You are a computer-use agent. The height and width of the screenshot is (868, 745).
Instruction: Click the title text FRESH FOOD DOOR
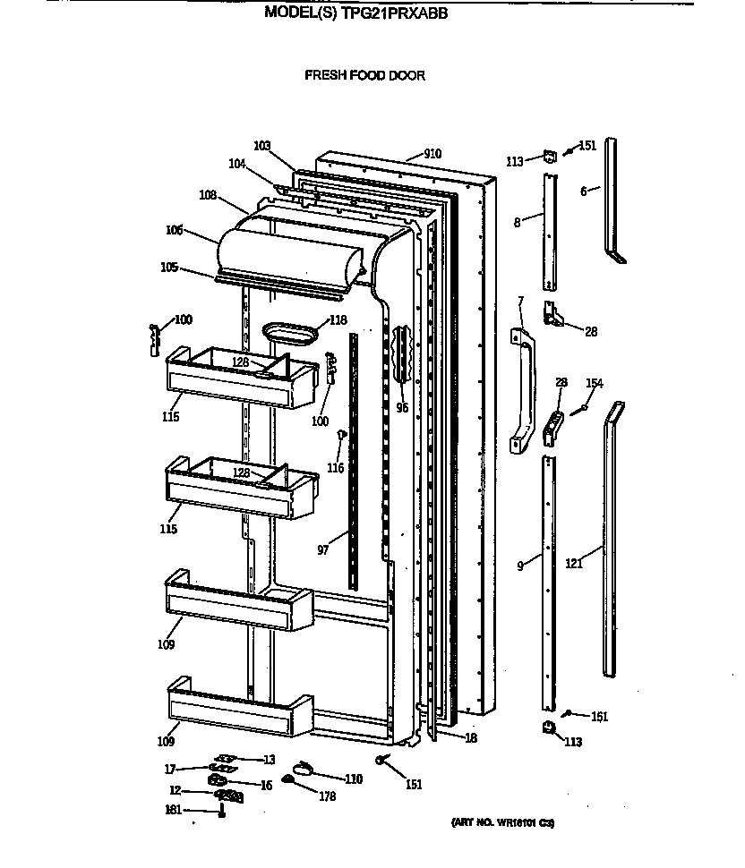click(x=364, y=75)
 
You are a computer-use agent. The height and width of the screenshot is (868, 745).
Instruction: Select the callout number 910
click(x=432, y=154)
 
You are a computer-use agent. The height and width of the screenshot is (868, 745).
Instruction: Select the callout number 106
click(x=174, y=230)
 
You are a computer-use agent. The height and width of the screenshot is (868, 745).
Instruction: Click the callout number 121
click(x=574, y=564)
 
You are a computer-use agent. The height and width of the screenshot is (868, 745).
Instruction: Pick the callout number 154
click(x=594, y=383)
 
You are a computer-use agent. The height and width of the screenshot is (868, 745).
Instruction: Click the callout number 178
click(x=327, y=796)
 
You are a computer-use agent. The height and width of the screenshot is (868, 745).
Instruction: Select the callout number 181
click(x=173, y=810)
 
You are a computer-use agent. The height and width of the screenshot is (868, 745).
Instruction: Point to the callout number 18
click(x=470, y=737)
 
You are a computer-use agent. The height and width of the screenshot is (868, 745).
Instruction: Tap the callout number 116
click(x=335, y=468)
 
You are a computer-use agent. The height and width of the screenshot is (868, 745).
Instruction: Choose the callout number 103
click(x=262, y=145)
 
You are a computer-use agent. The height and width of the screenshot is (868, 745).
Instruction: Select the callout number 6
click(x=583, y=191)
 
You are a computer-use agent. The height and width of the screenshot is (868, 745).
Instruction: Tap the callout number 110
click(x=354, y=779)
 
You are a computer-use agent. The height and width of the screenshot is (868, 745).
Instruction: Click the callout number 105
click(x=167, y=267)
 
